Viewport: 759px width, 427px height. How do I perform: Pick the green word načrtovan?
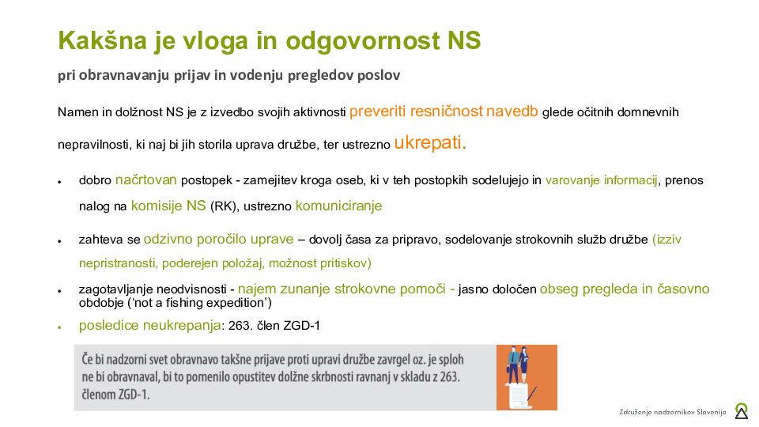click(x=146, y=179)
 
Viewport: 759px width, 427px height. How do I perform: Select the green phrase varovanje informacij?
click(x=601, y=180)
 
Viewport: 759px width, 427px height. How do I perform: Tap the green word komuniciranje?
click(x=338, y=206)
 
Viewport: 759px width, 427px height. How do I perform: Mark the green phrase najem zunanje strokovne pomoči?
click(x=346, y=289)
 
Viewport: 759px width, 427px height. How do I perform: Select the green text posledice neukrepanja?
click(x=149, y=325)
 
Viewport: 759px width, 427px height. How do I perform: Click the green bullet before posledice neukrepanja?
click(x=60, y=327)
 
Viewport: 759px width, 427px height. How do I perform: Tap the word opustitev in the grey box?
click(x=283, y=376)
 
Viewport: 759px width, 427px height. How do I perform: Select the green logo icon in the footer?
click(x=741, y=411)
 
